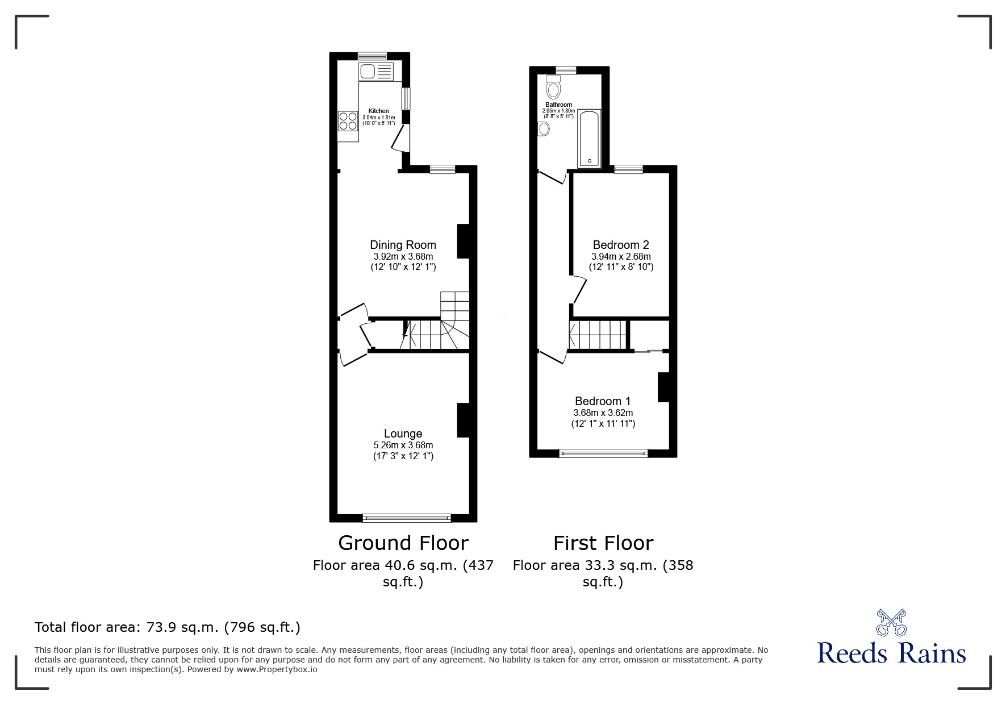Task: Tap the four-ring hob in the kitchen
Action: click(348, 121)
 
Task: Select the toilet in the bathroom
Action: click(553, 88)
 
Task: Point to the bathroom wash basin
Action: click(544, 130)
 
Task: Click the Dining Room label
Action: click(403, 245)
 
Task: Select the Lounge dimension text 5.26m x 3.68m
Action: click(403, 445)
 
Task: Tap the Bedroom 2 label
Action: click(620, 245)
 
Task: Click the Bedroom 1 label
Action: click(603, 401)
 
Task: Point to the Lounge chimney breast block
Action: click(464, 420)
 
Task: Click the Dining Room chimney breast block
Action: click(464, 241)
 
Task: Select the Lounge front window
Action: click(407, 518)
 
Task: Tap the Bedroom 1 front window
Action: click(603, 453)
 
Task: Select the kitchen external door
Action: click(399, 138)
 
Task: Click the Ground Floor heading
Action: click(403, 543)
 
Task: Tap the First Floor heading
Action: click(603, 543)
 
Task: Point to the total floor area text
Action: click(168, 627)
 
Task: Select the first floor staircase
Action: click(597, 335)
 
